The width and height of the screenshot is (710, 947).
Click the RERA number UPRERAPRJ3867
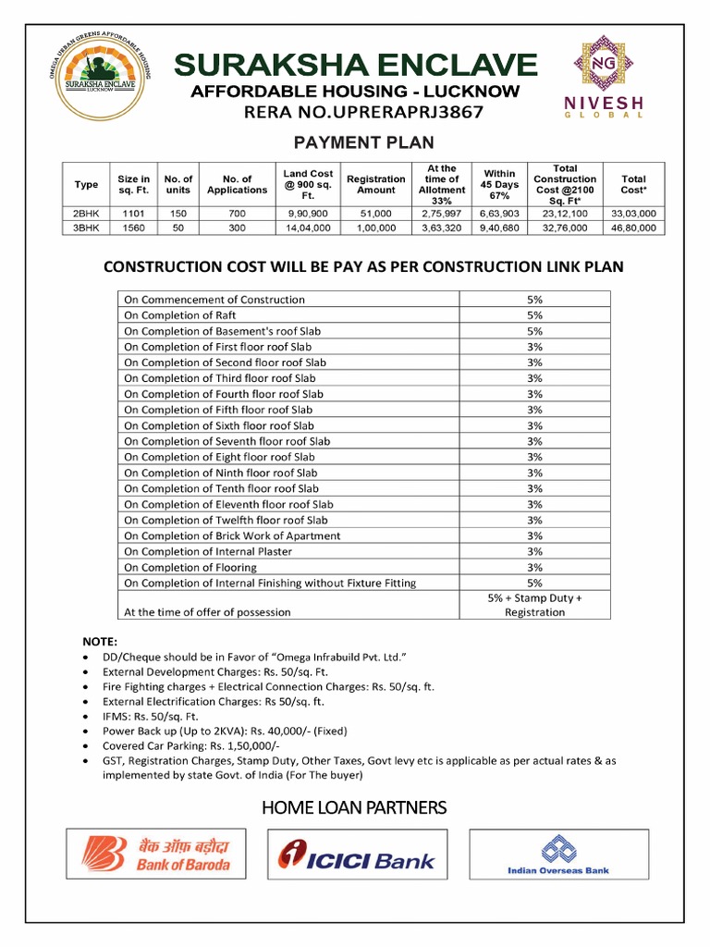(x=362, y=112)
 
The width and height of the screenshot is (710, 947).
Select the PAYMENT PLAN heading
(x=363, y=142)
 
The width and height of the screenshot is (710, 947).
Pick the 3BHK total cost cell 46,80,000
(x=633, y=228)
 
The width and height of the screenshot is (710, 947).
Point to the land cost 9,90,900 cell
(x=308, y=213)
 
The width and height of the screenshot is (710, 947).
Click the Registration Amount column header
(x=375, y=184)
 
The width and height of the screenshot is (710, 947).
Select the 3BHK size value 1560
(x=134, y=228)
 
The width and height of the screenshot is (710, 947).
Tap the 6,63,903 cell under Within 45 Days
(x=499, y=213)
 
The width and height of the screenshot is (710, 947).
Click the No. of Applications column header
(x=237, y=184)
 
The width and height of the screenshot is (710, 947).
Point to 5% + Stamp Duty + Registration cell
(x=534, y=605)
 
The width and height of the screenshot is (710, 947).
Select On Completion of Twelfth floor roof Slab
(x=226, y=520)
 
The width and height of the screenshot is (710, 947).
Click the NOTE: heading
(x=101, y=640)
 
